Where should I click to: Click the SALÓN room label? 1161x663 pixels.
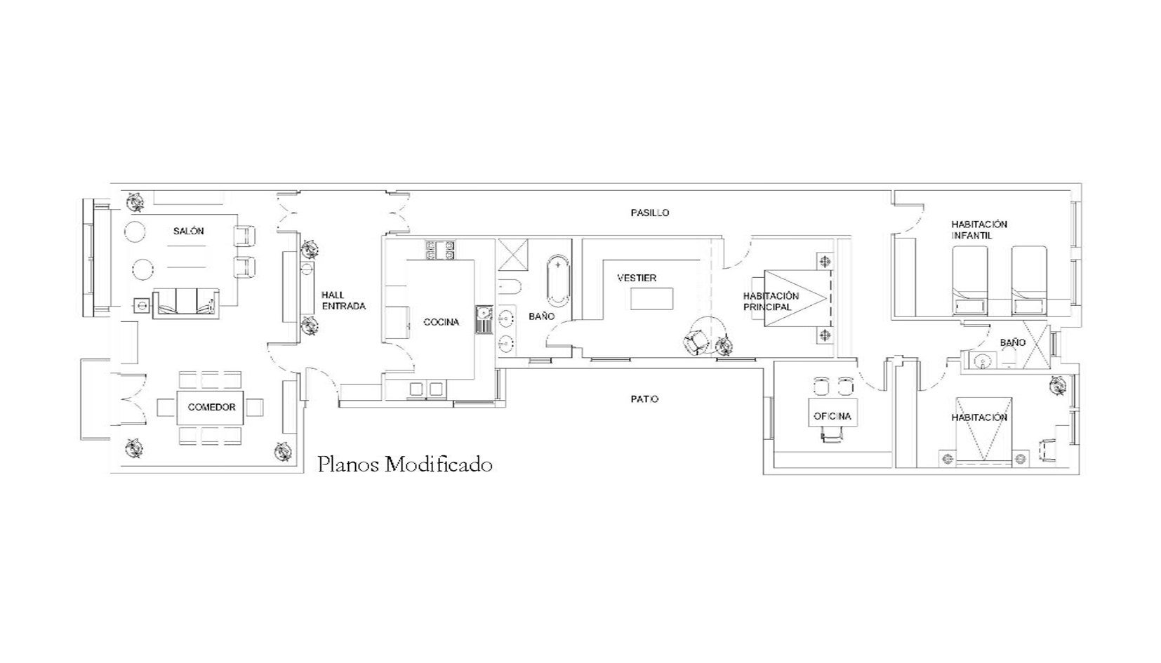click(189, 232)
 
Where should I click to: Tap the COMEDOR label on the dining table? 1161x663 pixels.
click(211, 408)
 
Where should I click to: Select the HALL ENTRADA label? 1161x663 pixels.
click(344, 301)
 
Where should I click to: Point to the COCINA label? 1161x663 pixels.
click(442, 322)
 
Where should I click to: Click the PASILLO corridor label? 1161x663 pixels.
click(650, 213)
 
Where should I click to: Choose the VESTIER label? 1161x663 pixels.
click(637, 278)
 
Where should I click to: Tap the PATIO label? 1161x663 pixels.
click(645, 399)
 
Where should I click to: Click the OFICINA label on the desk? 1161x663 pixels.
click(832, 417)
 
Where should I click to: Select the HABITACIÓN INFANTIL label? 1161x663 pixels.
click(979, 230)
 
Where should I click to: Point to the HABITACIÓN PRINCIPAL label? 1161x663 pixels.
click(771, 302)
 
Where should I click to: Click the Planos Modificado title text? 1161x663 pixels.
click(405, 464)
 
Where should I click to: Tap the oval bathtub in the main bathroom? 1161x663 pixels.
click(558, 280)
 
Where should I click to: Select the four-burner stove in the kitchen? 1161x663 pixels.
click(440, 250)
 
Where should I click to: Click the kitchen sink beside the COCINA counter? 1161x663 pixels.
click(484, 320)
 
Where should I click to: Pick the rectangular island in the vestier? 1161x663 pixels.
click(652, 299)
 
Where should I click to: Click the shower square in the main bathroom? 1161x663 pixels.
click(512, 255)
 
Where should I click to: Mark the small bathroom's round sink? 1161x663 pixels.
click(983, 361)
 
